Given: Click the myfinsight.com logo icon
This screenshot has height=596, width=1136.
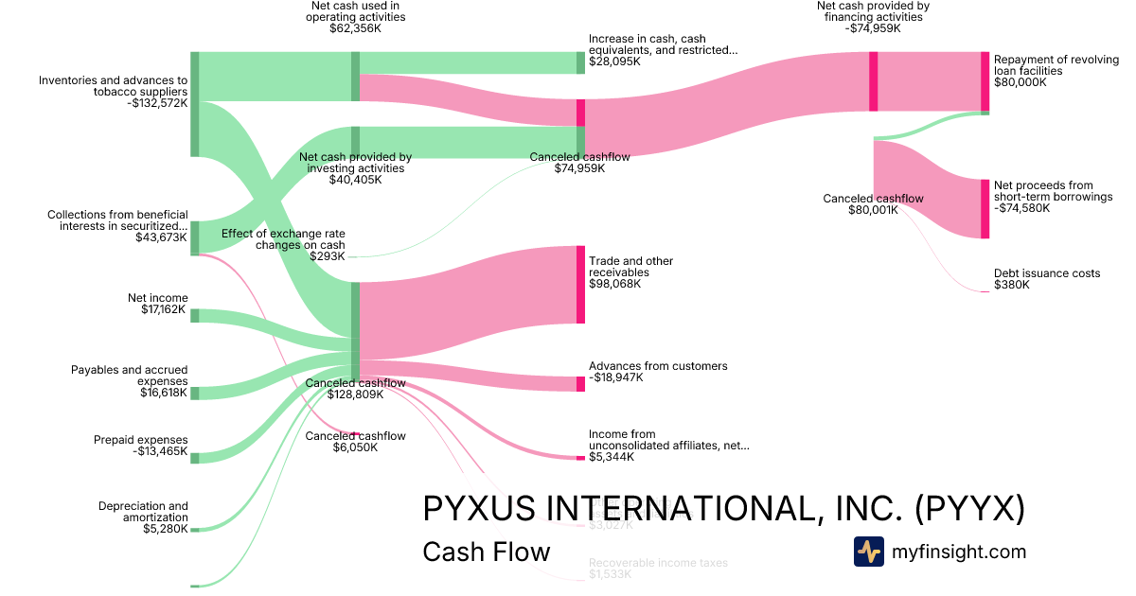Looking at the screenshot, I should [x=868, y=552].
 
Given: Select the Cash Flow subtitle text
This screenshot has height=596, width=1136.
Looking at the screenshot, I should [x=486, y=552].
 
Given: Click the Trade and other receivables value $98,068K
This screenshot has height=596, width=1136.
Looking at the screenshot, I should [x=614, y=284].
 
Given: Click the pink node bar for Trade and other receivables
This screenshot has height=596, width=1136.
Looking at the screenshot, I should [x=580, y=285].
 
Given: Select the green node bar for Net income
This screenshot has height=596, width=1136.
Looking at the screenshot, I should [x=195, y=315].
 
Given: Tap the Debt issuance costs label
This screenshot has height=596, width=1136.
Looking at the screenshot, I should [x=1047, y=273].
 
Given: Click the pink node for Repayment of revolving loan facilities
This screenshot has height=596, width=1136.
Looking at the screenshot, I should [x=985, y=81].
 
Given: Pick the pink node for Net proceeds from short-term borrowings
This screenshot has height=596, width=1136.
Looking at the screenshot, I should [x=985, y=208].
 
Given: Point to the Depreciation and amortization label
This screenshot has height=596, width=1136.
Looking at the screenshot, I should [x=143, y=512].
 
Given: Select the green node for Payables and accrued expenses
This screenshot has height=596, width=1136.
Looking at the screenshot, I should [x=195, y=393].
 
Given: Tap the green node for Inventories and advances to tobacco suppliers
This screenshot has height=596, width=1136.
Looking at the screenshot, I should [x=195, y=103].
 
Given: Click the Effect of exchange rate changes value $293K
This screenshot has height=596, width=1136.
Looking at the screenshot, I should [x=328, y=256].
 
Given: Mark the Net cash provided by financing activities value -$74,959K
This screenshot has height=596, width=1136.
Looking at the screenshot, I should [x=872, y=28].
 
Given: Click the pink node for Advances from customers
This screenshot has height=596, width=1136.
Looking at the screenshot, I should [x=580, y=383].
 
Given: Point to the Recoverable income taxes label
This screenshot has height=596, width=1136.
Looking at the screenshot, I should [x=658, y=563].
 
